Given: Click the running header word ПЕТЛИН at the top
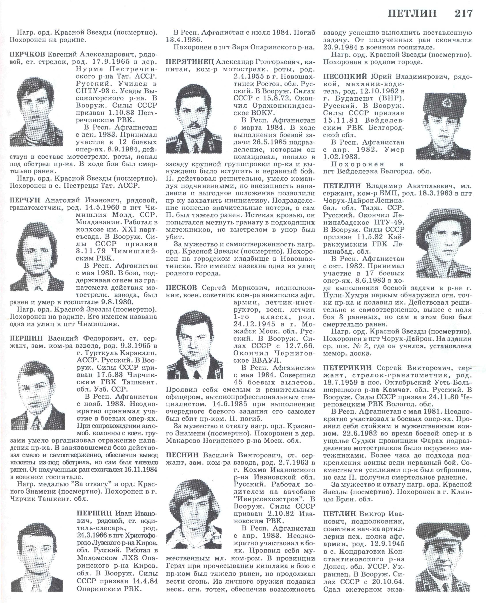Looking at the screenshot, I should coord(412,13).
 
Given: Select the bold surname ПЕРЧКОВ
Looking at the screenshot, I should coord(27,54).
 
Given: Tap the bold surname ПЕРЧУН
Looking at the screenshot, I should coord(25,200).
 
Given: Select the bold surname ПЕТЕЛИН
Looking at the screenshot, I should coord(343,186).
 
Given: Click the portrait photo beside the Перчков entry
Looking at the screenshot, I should coord(36,111).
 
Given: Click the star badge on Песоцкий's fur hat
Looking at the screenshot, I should coord(445,103).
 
